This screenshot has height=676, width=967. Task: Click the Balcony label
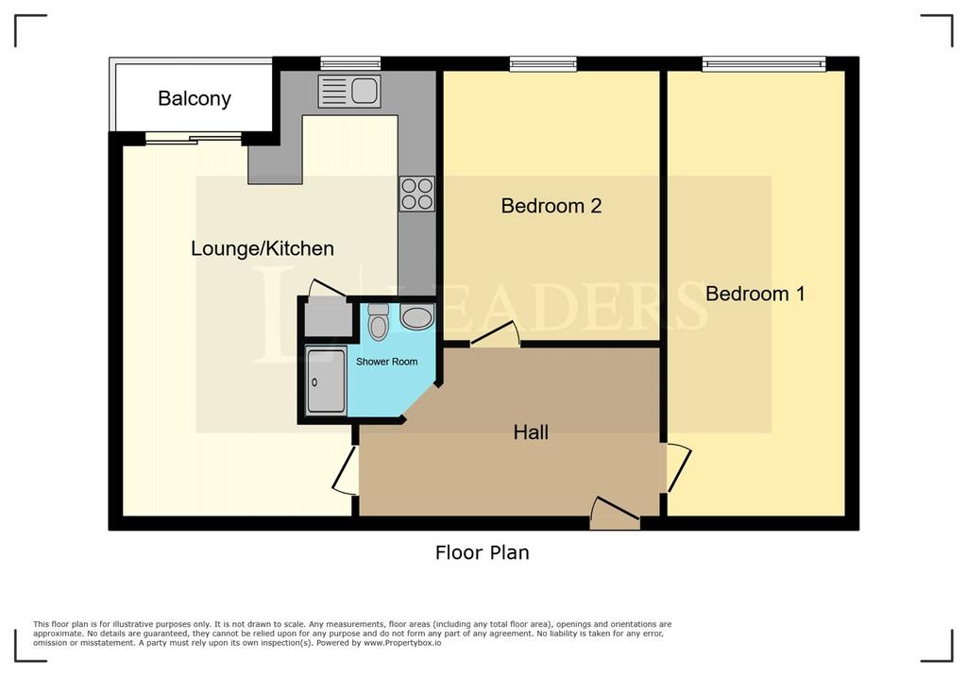195,99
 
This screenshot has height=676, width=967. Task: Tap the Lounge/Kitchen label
263,248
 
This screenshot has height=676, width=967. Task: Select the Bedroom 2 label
551,206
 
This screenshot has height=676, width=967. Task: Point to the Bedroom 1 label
755,294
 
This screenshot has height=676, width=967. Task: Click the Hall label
531,432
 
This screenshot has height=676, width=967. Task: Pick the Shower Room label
386,362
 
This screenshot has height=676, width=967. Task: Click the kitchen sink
349,92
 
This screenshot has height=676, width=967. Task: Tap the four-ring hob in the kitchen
416,194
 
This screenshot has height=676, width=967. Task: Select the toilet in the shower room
378,322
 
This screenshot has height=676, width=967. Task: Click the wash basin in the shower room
416,317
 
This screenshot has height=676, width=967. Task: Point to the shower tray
326,380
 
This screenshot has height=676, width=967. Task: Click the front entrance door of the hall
615,514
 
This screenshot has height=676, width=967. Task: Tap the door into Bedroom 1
678,467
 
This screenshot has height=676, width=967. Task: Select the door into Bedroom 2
495,333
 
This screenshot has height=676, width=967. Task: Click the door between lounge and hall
346,470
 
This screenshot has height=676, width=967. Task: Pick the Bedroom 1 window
763,63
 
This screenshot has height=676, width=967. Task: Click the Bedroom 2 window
543,63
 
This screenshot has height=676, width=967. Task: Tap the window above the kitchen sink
350,63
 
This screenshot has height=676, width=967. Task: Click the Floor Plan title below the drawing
483,552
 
